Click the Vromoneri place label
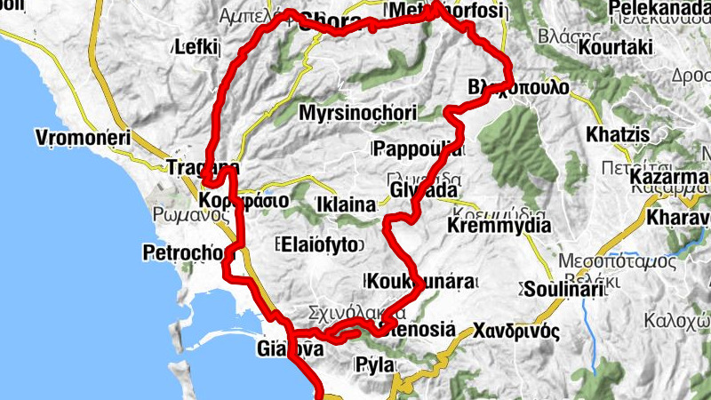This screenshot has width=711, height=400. (x=83, y=138)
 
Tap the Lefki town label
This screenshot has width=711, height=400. (x=197, y=46)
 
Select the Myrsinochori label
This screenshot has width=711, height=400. (x=358, y=114)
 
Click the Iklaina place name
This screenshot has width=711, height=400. (x=346, y=205)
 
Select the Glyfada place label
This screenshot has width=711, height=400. (x=424, y=190)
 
